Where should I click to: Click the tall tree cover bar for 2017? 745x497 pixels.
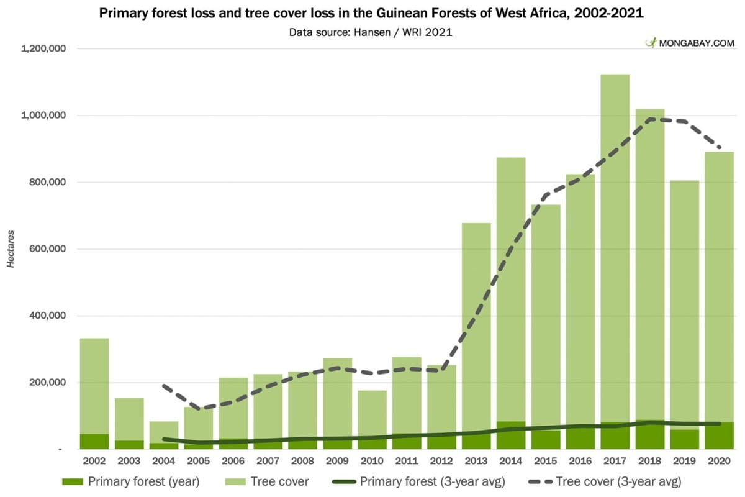click(x=615, y=248)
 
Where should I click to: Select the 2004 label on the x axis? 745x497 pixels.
click(x=163, y=462)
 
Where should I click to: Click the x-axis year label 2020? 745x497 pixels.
click(x=719, y=462)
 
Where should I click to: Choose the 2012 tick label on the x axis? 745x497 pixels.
click(x=441, y=462)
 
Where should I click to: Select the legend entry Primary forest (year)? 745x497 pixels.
click(x=131, y=481)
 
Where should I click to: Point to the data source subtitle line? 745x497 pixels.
click(x=371, y=32)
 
